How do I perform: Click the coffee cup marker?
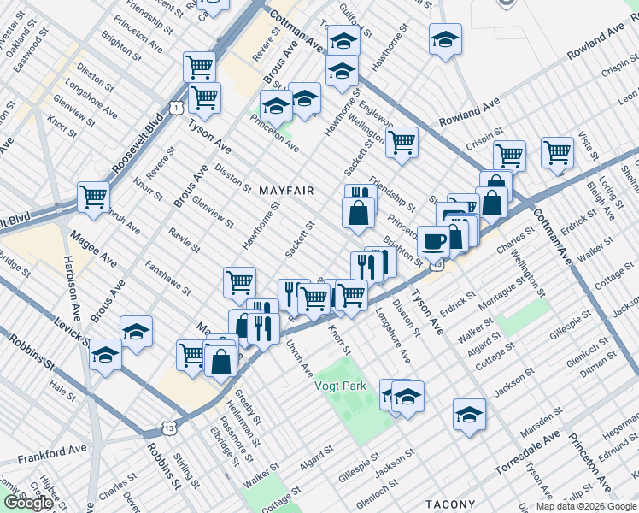click(434, 242)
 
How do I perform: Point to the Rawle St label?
click(184, 241)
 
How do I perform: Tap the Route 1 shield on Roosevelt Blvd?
click(174, 108)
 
